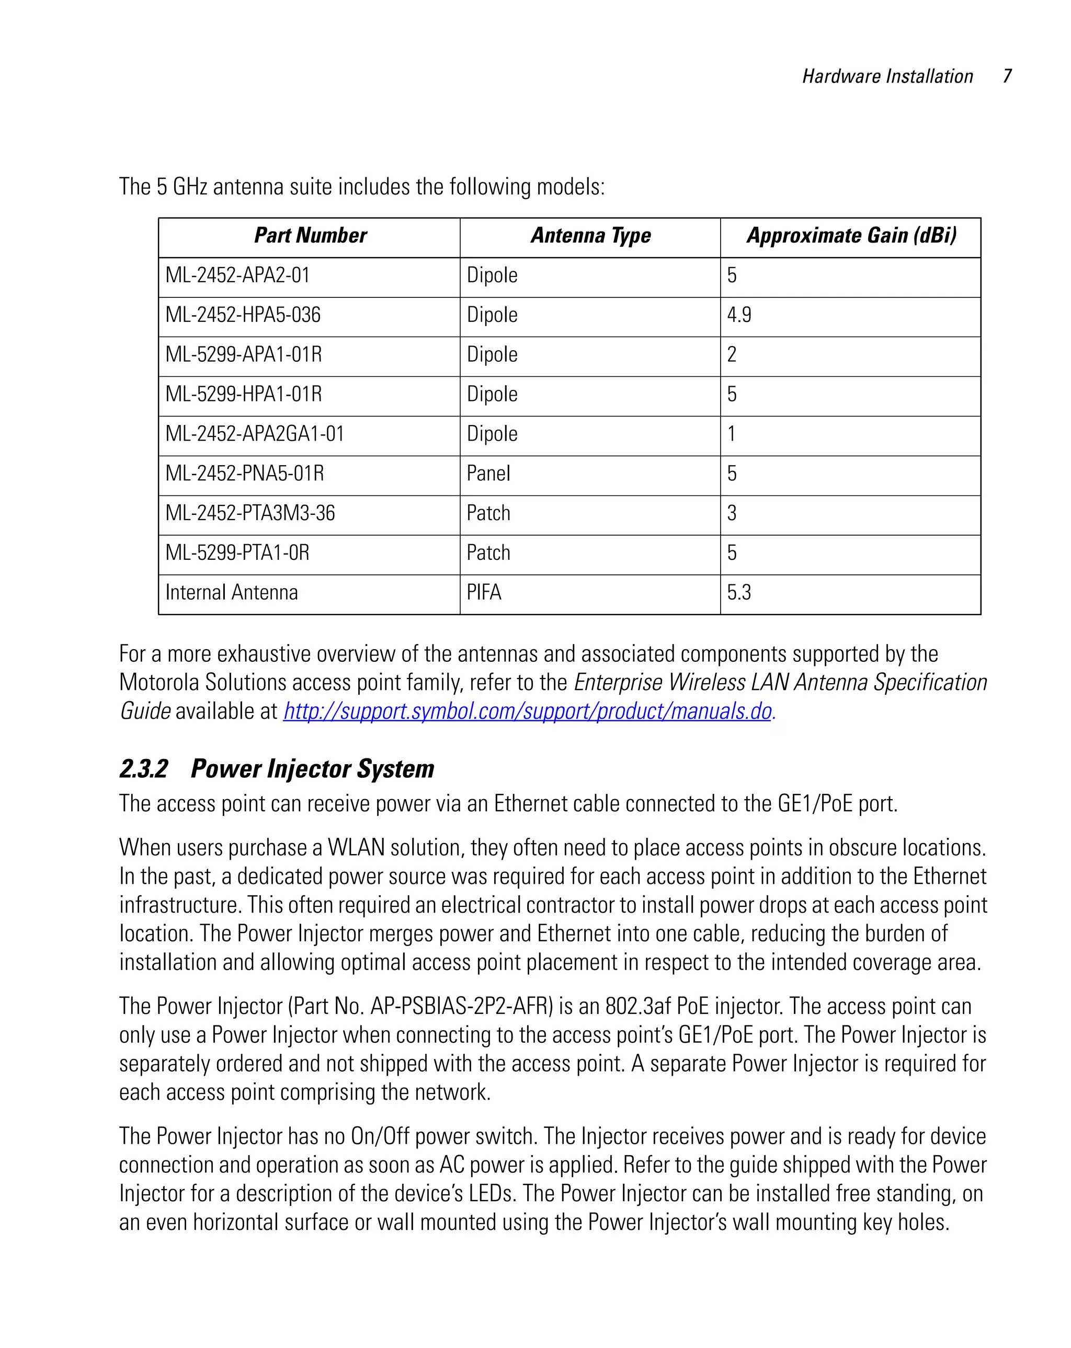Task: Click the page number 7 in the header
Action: pos(1007,76)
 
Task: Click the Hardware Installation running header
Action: pos(887,76)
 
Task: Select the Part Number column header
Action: pos(310,236)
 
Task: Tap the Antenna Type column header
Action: pos(590,236)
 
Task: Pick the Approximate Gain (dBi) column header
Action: pos(851,236)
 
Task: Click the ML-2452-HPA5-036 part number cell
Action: pos(243,315)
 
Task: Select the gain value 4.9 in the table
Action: pos(739,315)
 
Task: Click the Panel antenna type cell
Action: pos(488,474)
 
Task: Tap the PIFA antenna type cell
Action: pos(484,592)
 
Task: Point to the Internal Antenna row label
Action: pos(232,592)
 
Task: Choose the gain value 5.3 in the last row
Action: pos(739,592)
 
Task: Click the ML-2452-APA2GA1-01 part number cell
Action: pos(255,433)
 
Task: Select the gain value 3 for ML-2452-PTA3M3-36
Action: pos(731,513)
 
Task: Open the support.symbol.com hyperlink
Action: pos(527,711)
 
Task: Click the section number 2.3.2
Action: pos(144,769)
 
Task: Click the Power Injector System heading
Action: pos(312,769)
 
